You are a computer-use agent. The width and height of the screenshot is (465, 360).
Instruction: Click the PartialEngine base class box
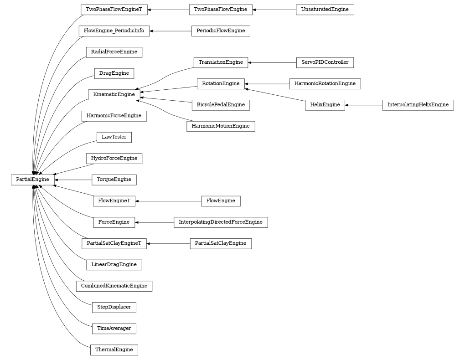click(32, 180)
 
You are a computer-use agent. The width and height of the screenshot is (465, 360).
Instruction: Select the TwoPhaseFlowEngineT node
click(114, 10)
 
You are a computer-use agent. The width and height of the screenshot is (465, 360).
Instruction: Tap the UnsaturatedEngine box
click(325, 10)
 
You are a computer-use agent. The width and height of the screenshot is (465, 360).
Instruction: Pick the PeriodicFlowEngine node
click(221, 31)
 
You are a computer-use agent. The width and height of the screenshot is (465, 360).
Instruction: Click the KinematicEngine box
click(114, 94)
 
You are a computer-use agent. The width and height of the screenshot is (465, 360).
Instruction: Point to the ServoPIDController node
click(325, 62)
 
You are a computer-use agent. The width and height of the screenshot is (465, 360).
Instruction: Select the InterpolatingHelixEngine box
click(418, 105)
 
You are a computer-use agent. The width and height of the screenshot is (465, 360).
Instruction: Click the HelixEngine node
click(325, 105)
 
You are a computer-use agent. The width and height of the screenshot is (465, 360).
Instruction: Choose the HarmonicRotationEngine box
click(325, 84)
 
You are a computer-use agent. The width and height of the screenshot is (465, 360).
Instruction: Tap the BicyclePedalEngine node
click(221, 105)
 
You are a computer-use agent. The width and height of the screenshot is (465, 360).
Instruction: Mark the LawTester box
click(114, 137)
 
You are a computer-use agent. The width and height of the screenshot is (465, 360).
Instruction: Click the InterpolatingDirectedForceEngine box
click(221, 222)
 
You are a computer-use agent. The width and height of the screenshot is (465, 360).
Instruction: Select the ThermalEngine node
click(114, 350)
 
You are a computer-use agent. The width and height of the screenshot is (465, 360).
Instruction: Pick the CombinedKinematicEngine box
click(114, 286)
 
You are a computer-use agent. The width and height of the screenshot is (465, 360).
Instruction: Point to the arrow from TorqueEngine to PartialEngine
click(73, 180)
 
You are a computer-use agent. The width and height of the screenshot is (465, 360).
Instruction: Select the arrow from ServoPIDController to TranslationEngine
click(272, 62)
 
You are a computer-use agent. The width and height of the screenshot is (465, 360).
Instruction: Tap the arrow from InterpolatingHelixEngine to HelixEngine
click(363, 105)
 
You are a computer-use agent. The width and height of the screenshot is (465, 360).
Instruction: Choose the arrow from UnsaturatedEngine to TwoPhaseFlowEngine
click(274, 10)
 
